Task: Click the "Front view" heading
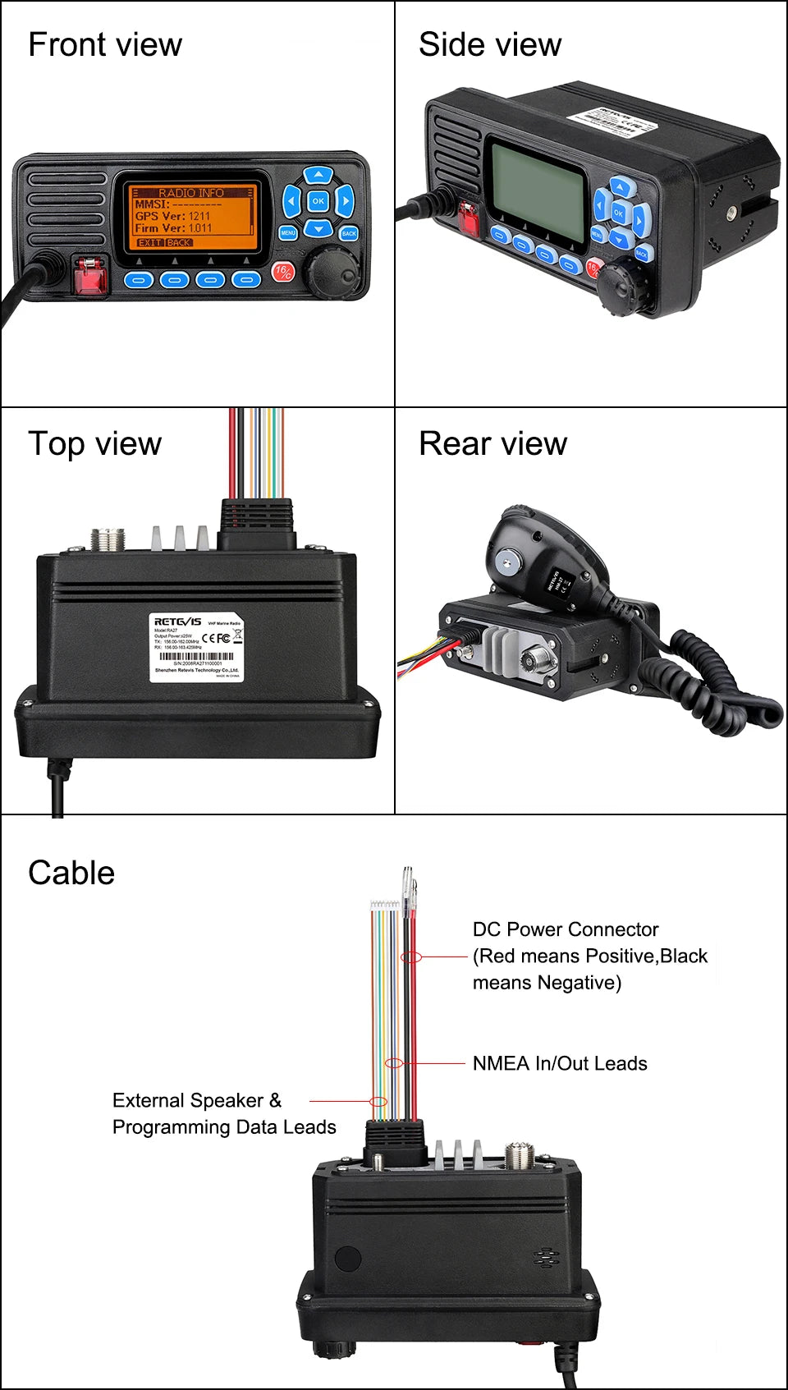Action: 105,44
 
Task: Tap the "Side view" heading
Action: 490,44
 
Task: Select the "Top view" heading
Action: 94,443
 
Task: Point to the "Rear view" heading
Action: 492,443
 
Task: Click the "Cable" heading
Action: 71,873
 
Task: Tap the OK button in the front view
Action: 318,200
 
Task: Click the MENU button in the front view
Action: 288,233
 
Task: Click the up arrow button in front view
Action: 318,175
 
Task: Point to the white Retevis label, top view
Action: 196,647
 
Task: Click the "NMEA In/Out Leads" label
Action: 560,1063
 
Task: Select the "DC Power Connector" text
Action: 566,929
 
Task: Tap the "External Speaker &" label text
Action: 197,1100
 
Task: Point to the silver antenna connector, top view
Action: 107,539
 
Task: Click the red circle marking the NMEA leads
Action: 395,1063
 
